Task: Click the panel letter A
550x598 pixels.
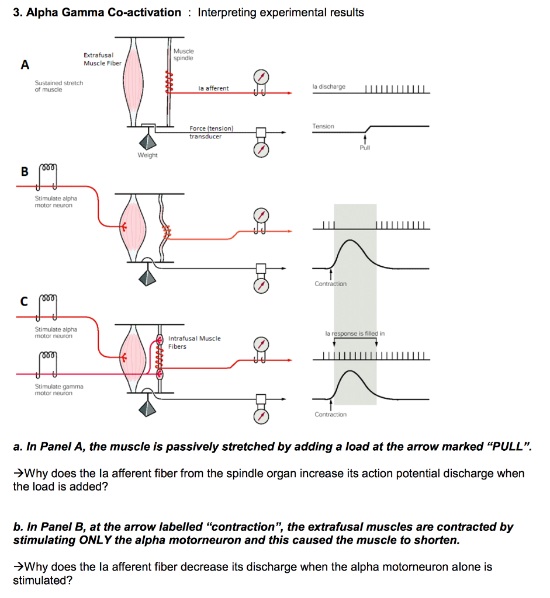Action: [x=25, y=65]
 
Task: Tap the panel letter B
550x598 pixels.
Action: [x=25, y=171]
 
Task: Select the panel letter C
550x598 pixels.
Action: [x=24, y=301]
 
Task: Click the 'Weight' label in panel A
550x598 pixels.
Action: [x=147, y=155]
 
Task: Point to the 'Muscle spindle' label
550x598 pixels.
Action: [x=184, y=55]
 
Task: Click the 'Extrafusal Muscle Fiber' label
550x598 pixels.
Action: [x=102, y=59]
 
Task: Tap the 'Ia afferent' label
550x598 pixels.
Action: [x=213, y=88]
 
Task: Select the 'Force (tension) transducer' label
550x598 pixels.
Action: [x=211, y=132]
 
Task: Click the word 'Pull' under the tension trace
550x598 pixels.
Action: [x=365, y=148]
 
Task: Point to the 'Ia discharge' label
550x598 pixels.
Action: [x=328, y=86]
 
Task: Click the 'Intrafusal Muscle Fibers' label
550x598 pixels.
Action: [x=194, y=342]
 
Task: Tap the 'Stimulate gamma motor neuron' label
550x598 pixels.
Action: [x=58, y=390]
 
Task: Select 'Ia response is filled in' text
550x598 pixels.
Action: [x=355, y=333]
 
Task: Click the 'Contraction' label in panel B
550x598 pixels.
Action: [x=330, y=284]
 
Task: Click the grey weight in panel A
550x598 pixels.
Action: [x=147, y=141]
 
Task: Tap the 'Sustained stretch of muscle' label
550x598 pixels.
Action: [x=58, y=86]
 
